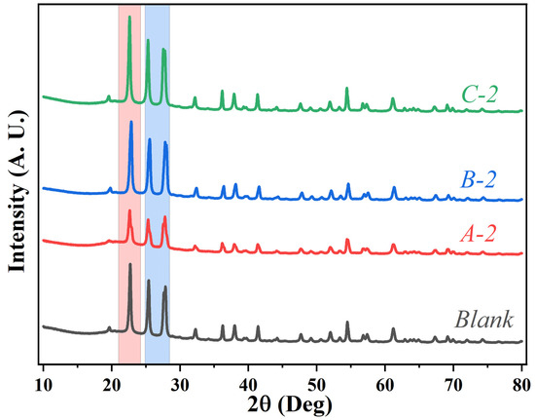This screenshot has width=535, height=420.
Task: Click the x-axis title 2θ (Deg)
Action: tap(282, 399)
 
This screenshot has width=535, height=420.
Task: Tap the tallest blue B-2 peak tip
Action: tap(131, 122)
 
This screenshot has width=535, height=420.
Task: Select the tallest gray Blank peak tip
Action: tap(130, 264)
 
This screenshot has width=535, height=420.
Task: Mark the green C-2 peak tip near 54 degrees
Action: tap(347, 88)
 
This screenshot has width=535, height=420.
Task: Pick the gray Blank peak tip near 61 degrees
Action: tap(393, 329)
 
